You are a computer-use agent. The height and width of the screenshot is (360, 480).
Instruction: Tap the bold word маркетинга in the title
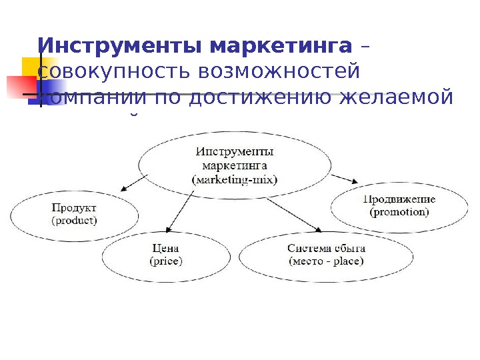(280, 47)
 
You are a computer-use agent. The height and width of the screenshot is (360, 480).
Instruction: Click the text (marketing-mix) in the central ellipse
(234, 179)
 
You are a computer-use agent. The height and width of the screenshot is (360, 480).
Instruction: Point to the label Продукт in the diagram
(74, 207)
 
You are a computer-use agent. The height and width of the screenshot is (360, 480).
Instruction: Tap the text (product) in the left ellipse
(74, 219)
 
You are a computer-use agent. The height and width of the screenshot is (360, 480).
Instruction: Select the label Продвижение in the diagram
(399, 199)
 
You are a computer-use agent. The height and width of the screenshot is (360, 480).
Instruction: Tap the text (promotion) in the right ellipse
(399, 212)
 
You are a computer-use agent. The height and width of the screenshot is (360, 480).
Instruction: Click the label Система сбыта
(326, 248)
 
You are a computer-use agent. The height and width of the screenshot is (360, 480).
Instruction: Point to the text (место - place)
(326, 261)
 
